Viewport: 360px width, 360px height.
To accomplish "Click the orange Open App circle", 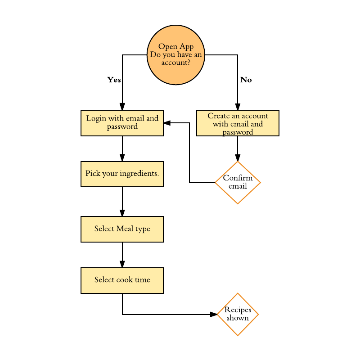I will coord(176,55).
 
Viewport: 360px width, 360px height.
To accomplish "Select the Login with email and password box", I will coord(122,123).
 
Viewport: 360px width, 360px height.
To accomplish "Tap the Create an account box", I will coord(238,123).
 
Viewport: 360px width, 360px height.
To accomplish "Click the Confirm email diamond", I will coord(238,182).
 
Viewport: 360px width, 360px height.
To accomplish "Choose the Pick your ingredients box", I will coord(122,174).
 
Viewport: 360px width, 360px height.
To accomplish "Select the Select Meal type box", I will coord(122,229).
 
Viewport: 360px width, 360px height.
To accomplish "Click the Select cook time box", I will coord(122,280).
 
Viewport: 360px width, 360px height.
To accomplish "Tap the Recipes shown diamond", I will coord(238,314).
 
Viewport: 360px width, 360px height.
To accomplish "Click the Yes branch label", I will coord(114,80).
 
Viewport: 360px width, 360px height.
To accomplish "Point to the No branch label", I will coord(246,80).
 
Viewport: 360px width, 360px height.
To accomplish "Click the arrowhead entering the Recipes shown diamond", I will coord(214,314).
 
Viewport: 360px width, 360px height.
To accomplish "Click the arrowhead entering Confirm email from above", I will coord(238,158).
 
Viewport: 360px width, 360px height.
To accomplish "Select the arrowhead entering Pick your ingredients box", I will coord(122,157).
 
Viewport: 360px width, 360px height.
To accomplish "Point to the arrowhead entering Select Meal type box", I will coord(122,213).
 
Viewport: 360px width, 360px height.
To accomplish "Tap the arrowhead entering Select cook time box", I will coord(122,264).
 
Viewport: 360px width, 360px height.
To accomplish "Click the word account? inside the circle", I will coord(175,63).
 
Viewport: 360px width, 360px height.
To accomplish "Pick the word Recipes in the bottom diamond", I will coord(238,310).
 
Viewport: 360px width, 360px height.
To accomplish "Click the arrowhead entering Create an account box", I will coord(238,107).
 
